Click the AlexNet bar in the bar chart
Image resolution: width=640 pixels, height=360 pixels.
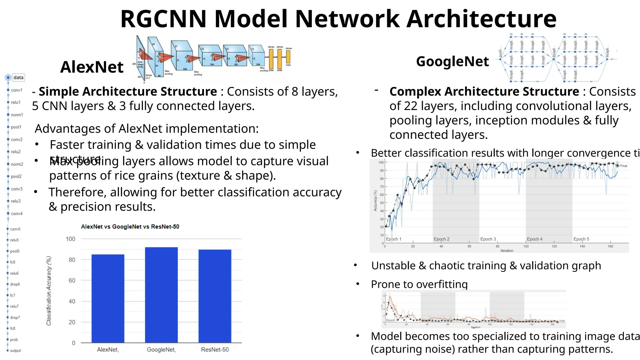click(108, 298)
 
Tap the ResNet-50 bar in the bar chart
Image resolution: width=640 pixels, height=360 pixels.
click(215, 296)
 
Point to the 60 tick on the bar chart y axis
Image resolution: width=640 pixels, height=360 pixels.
click(72, 281)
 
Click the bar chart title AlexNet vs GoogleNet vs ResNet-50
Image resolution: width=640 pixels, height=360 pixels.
click(130, 227)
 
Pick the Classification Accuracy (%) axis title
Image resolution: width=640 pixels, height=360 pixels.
click(49, 291)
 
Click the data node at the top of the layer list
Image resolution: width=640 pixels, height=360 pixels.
click(18, 77)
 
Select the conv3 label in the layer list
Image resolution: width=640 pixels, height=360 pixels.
click(17, 189)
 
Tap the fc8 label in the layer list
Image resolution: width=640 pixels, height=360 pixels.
click(12, 328)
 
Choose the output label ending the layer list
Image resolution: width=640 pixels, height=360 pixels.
click(15, 351)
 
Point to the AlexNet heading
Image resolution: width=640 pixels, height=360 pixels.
click(92, 67)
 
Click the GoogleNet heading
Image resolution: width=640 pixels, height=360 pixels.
click(452, 61)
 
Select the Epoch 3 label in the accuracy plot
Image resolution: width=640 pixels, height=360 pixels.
click(488, 239)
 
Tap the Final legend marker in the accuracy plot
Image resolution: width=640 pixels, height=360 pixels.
click(617, 166)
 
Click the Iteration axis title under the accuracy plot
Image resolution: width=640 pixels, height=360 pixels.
click(507, 251)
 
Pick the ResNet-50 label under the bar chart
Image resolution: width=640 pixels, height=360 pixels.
click(215, 350)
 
